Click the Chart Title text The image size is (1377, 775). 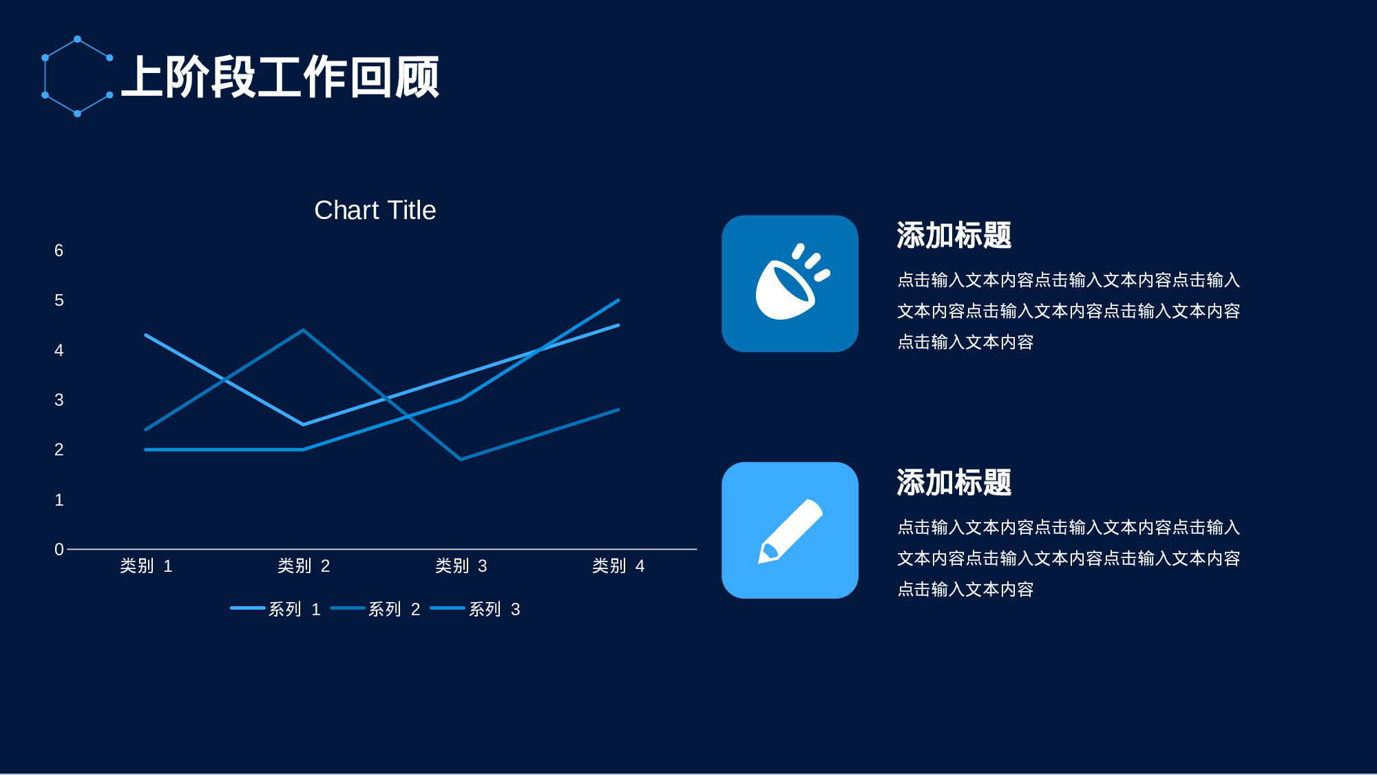375,210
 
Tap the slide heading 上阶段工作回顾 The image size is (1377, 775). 280,77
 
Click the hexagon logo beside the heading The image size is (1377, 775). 77,76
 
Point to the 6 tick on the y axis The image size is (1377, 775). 59,251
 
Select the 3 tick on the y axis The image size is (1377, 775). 59,400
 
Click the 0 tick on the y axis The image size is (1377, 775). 59,550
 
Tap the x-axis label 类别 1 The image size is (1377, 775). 146,566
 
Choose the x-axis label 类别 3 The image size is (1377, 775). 461,566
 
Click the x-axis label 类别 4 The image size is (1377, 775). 618,566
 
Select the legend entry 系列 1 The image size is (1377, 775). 276,609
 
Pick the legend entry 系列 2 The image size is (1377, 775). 376,609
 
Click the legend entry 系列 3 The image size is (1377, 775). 476,609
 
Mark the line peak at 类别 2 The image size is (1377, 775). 303,331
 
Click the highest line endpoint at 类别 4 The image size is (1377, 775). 618,300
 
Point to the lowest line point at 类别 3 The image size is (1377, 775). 461,459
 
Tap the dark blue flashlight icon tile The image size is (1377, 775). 790,284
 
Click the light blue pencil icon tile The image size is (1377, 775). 790,530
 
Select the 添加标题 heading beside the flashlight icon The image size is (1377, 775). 954,236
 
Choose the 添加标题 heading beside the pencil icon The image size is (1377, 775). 954,482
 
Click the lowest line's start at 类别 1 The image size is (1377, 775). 146,450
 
